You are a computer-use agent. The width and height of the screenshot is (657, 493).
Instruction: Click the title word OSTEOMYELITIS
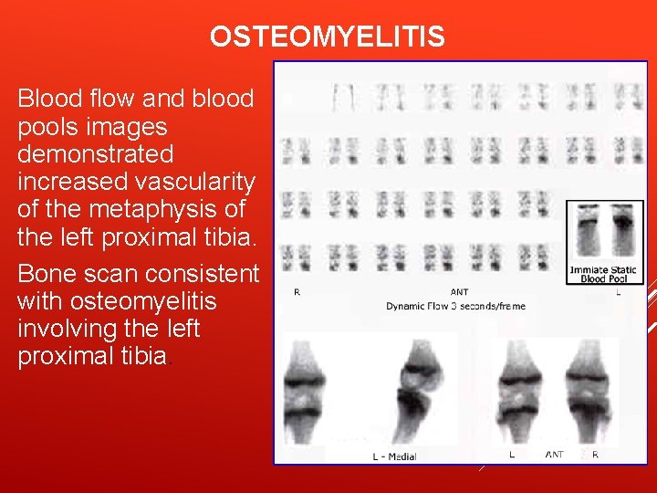pos(328,37)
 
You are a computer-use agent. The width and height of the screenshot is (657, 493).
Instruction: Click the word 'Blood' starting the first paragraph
pos(44,99)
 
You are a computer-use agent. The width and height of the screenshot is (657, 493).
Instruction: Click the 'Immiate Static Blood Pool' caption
pos(602,273)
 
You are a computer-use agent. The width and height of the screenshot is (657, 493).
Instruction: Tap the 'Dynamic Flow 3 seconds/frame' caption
pos(455,306)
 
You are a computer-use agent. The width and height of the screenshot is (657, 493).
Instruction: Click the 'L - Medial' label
pos(395,456)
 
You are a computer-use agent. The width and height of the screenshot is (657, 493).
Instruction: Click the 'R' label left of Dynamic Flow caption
pos(297,292)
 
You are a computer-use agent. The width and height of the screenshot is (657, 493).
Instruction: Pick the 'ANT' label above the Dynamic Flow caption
pos(459,292)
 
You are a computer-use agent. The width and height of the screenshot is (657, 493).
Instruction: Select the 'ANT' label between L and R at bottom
pos(554,454)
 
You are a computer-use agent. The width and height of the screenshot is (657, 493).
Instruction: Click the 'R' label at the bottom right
pos(595,454)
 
